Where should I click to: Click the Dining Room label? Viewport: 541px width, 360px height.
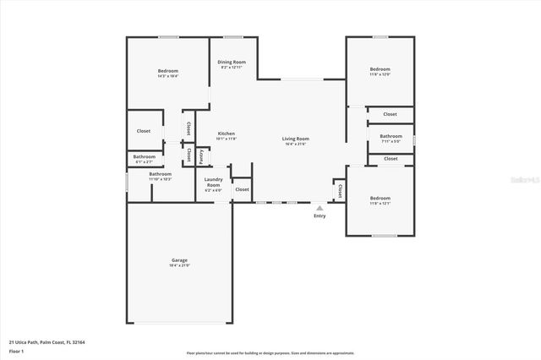232,62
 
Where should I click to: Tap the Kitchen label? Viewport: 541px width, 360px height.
226,134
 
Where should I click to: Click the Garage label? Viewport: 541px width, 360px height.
179,259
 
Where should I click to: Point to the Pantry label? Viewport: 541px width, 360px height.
201,156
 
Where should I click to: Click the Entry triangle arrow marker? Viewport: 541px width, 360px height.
319,206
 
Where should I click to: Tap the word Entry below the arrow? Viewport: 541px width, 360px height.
319,216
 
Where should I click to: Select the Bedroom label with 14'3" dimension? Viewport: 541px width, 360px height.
167,70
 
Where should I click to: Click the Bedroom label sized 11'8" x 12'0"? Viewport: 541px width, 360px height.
380,69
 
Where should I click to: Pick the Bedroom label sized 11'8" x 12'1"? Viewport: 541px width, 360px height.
380,198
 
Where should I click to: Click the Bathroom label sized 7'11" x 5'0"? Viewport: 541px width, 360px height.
391,136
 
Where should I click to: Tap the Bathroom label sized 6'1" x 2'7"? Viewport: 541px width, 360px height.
144,156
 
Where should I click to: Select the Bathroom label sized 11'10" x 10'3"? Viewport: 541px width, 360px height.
160,174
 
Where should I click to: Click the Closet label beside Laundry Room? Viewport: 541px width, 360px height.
242,190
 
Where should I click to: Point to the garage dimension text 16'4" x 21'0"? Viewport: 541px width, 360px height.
179,265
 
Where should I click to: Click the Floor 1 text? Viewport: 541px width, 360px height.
16,350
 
